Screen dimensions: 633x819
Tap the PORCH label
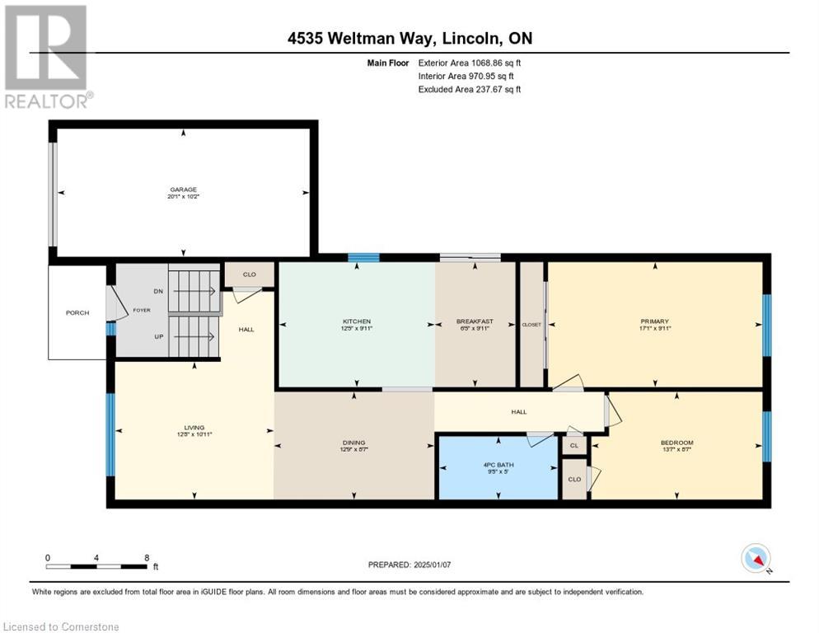77,312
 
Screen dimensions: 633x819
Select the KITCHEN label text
357,321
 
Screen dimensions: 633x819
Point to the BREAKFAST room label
475,321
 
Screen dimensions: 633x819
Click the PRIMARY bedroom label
655,321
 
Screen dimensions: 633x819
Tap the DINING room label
354,443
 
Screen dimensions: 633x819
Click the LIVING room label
194,428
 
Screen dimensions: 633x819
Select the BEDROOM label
676,443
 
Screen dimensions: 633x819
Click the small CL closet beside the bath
573,445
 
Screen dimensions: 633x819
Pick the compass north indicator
756,559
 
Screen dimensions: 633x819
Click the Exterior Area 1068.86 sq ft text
470,62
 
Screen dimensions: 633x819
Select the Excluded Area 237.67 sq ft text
470,89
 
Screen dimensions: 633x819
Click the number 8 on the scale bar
147,557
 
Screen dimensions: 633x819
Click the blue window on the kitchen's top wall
363,258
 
